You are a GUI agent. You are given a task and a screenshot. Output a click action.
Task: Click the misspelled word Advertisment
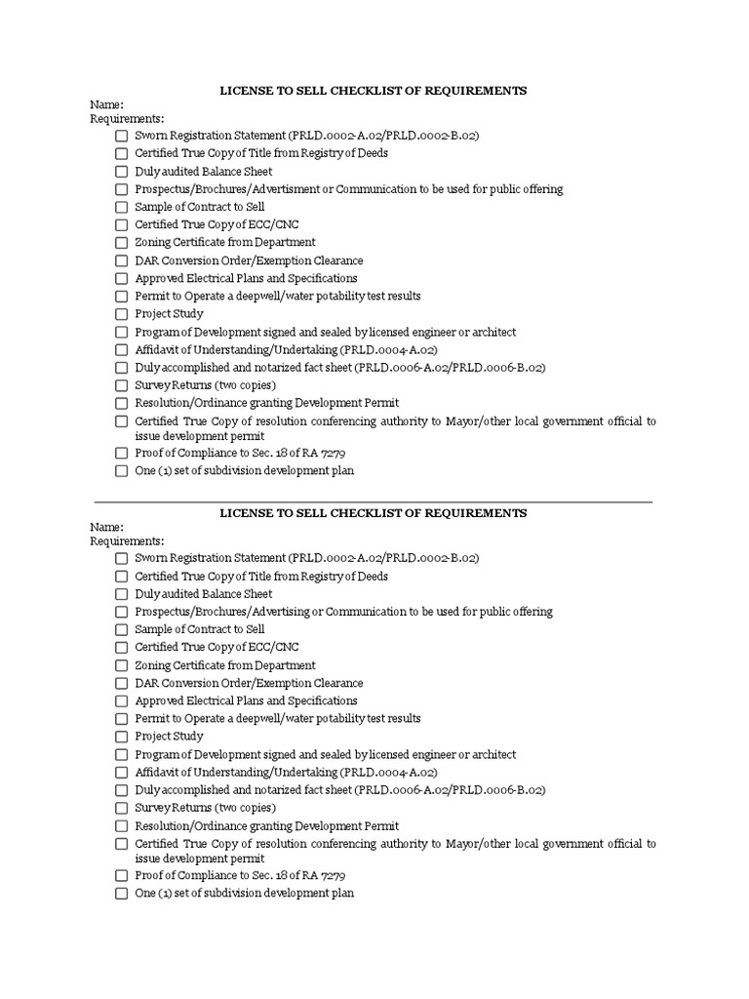(298, 189)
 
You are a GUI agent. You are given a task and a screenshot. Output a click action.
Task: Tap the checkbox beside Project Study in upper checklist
(121, 314)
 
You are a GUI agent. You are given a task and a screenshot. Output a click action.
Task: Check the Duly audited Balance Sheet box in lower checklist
(121, 594)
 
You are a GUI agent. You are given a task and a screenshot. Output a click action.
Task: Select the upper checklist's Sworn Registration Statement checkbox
(121, 136)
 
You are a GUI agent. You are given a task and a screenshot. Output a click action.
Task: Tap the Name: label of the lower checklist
(107, 527)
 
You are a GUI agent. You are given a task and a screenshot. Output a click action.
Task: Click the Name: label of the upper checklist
(107, 104)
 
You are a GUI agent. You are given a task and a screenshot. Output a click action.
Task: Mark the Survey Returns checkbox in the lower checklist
(121, 809)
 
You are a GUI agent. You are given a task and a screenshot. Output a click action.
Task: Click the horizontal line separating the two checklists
(373, 501)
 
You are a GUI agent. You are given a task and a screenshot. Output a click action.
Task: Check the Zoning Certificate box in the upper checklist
(121, 243)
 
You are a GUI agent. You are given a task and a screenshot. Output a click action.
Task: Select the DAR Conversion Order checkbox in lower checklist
(121, 684)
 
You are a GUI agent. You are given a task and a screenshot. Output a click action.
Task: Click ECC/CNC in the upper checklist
(275, 224)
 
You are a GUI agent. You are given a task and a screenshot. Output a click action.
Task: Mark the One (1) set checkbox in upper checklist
(121, 471)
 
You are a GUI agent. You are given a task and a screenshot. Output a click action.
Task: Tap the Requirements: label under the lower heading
(128, 541)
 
